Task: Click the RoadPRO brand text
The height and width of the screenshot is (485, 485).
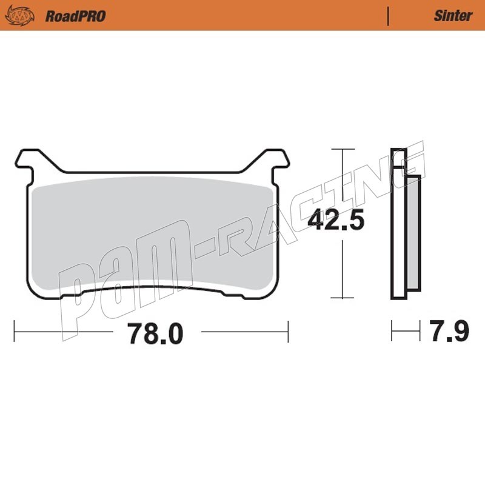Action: pos(75,16)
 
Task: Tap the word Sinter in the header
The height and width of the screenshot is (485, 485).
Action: pos(453,16)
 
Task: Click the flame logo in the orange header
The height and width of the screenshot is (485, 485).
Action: pos(19,16)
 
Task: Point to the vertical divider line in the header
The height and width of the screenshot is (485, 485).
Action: pos(388,16)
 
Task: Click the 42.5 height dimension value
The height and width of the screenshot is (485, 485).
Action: pos(336,219)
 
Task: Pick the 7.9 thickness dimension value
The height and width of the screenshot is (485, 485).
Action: pos(449,330)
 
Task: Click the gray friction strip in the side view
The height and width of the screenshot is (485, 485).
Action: pos(414,233)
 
